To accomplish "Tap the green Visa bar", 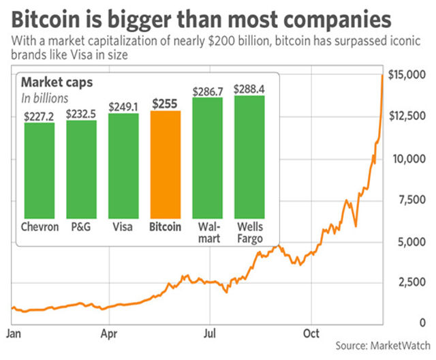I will coord(123,166).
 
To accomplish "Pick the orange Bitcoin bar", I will coord(165,165).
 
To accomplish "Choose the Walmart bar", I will coord(208,158).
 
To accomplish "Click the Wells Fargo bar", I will coord(249,157).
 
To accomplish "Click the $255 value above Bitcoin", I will coord(165,104).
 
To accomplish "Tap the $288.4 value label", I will coord(249,89).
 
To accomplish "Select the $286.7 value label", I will coord(208,91).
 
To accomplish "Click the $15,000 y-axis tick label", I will coord(407,75).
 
